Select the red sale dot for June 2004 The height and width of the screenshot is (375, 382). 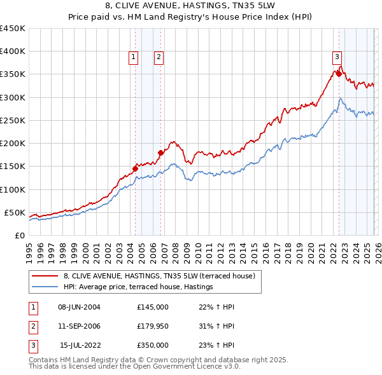tap(135, 168)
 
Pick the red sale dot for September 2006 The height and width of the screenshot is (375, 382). tap(160, 153)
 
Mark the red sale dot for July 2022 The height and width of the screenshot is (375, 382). tap(339, 74)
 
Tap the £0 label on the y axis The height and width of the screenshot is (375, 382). tap(19, 235)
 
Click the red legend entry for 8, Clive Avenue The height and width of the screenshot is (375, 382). tap(159, 276)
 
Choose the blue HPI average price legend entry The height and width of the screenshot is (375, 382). tap(138, 287)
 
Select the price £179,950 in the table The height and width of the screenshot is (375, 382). tap(152, 326)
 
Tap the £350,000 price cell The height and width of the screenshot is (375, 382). tap(152, 345)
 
